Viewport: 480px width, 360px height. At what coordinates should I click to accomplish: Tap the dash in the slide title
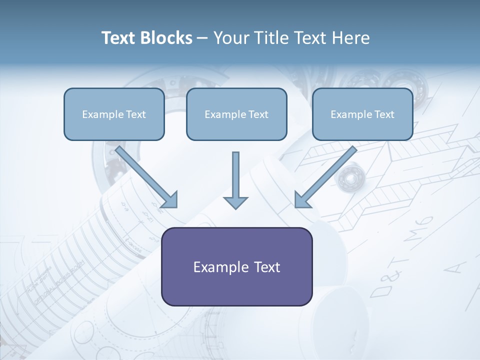coord(202,38)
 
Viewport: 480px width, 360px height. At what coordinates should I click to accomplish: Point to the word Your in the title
coord(230,38)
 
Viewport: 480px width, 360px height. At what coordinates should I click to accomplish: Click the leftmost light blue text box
coord(114,114)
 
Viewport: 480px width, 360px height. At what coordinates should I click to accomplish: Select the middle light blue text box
coord(236,114)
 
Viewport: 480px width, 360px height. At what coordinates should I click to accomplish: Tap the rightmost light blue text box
coord(362,114)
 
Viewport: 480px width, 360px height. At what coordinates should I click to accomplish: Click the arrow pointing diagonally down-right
coord(147,177)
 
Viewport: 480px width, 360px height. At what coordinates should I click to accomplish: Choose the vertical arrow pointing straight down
coord(235,180)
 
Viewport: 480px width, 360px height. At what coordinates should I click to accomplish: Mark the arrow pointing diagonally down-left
coord(325,177)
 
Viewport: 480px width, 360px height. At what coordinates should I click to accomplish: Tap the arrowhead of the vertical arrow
coord(235,202)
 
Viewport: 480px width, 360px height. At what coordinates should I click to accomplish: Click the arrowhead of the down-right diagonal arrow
coord(170,200)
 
